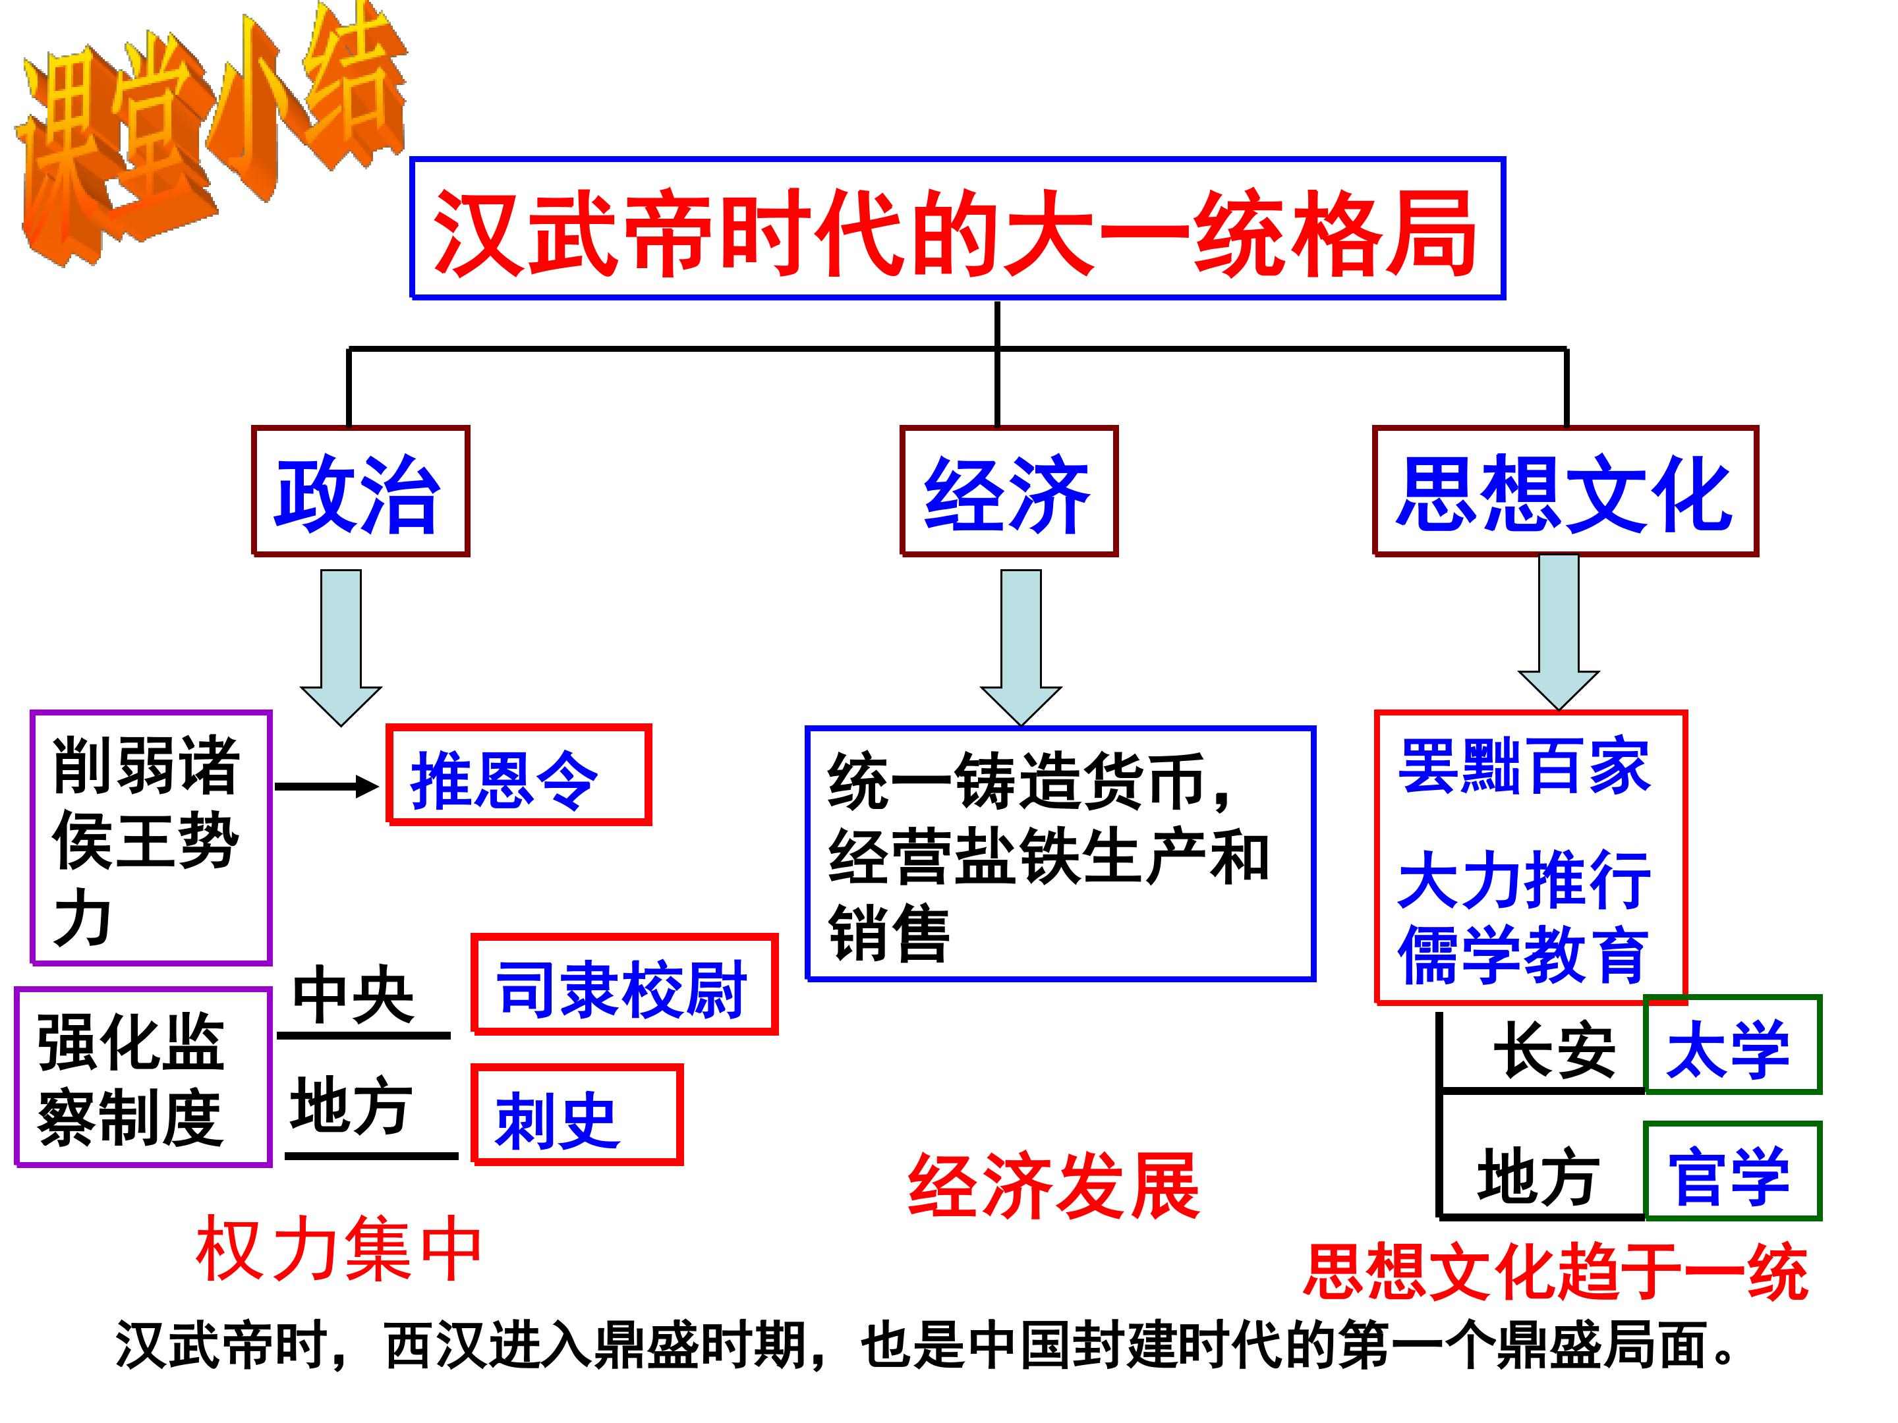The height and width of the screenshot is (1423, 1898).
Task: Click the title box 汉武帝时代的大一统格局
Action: pos(957,229)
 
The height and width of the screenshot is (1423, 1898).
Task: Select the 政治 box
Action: pos(360,491)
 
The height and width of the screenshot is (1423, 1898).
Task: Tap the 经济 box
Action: pos(1008,491)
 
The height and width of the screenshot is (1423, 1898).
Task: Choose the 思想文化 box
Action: pos(1565,491)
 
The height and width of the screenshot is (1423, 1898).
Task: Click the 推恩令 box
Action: pos(518,775)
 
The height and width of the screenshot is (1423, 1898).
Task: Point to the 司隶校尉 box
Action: pos(624,985)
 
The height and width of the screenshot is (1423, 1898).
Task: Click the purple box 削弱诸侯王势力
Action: pos(151,838)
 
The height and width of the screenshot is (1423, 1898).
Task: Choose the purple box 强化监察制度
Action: pos(142,1077)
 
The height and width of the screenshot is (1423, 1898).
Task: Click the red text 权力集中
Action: pos(339,1250)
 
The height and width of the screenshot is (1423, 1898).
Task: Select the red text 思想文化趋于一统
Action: pos(1555,1271)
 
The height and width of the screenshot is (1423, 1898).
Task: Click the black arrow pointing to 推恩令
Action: pos(326,786)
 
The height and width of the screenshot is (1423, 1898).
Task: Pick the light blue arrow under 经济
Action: pos(1020,645)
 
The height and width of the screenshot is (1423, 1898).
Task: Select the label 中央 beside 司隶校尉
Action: pos(353,995)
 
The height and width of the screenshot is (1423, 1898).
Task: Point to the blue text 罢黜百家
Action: pos(1524,766)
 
